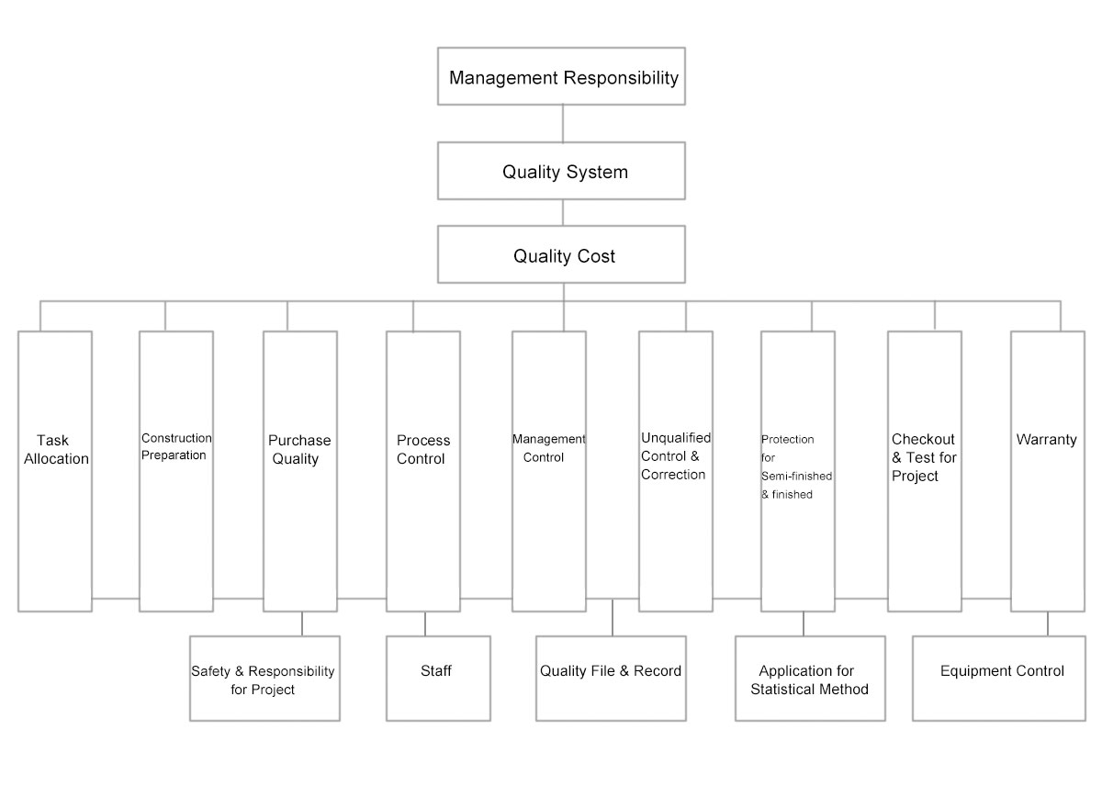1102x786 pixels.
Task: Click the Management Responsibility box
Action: pos(563,77)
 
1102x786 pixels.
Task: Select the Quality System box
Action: pos(563,171)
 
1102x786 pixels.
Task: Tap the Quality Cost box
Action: pos(563,255)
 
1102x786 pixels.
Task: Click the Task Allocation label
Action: pos(56,449)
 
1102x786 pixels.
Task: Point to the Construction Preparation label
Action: pos(175,446)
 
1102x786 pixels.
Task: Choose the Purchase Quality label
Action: pos(299,449)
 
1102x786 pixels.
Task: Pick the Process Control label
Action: pos(423,449)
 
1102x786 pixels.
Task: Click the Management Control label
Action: pos(548,448)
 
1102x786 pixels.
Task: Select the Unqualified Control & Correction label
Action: pos(675,456)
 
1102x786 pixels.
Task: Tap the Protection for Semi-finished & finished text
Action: pos(796,466)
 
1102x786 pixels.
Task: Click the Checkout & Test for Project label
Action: pos(923,457)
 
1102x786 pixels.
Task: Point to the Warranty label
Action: pos(1046,440)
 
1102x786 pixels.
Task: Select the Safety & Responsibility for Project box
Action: pos(264,679)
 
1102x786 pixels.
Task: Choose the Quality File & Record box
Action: pos(611,671)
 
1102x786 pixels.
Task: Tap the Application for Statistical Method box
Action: pos(809,679)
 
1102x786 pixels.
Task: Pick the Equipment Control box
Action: pos(1002,671)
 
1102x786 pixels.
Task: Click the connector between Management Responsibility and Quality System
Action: pos(563,123)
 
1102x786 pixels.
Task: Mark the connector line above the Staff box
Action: pos(425,623)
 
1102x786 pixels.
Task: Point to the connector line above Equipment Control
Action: pos(1048,623)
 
